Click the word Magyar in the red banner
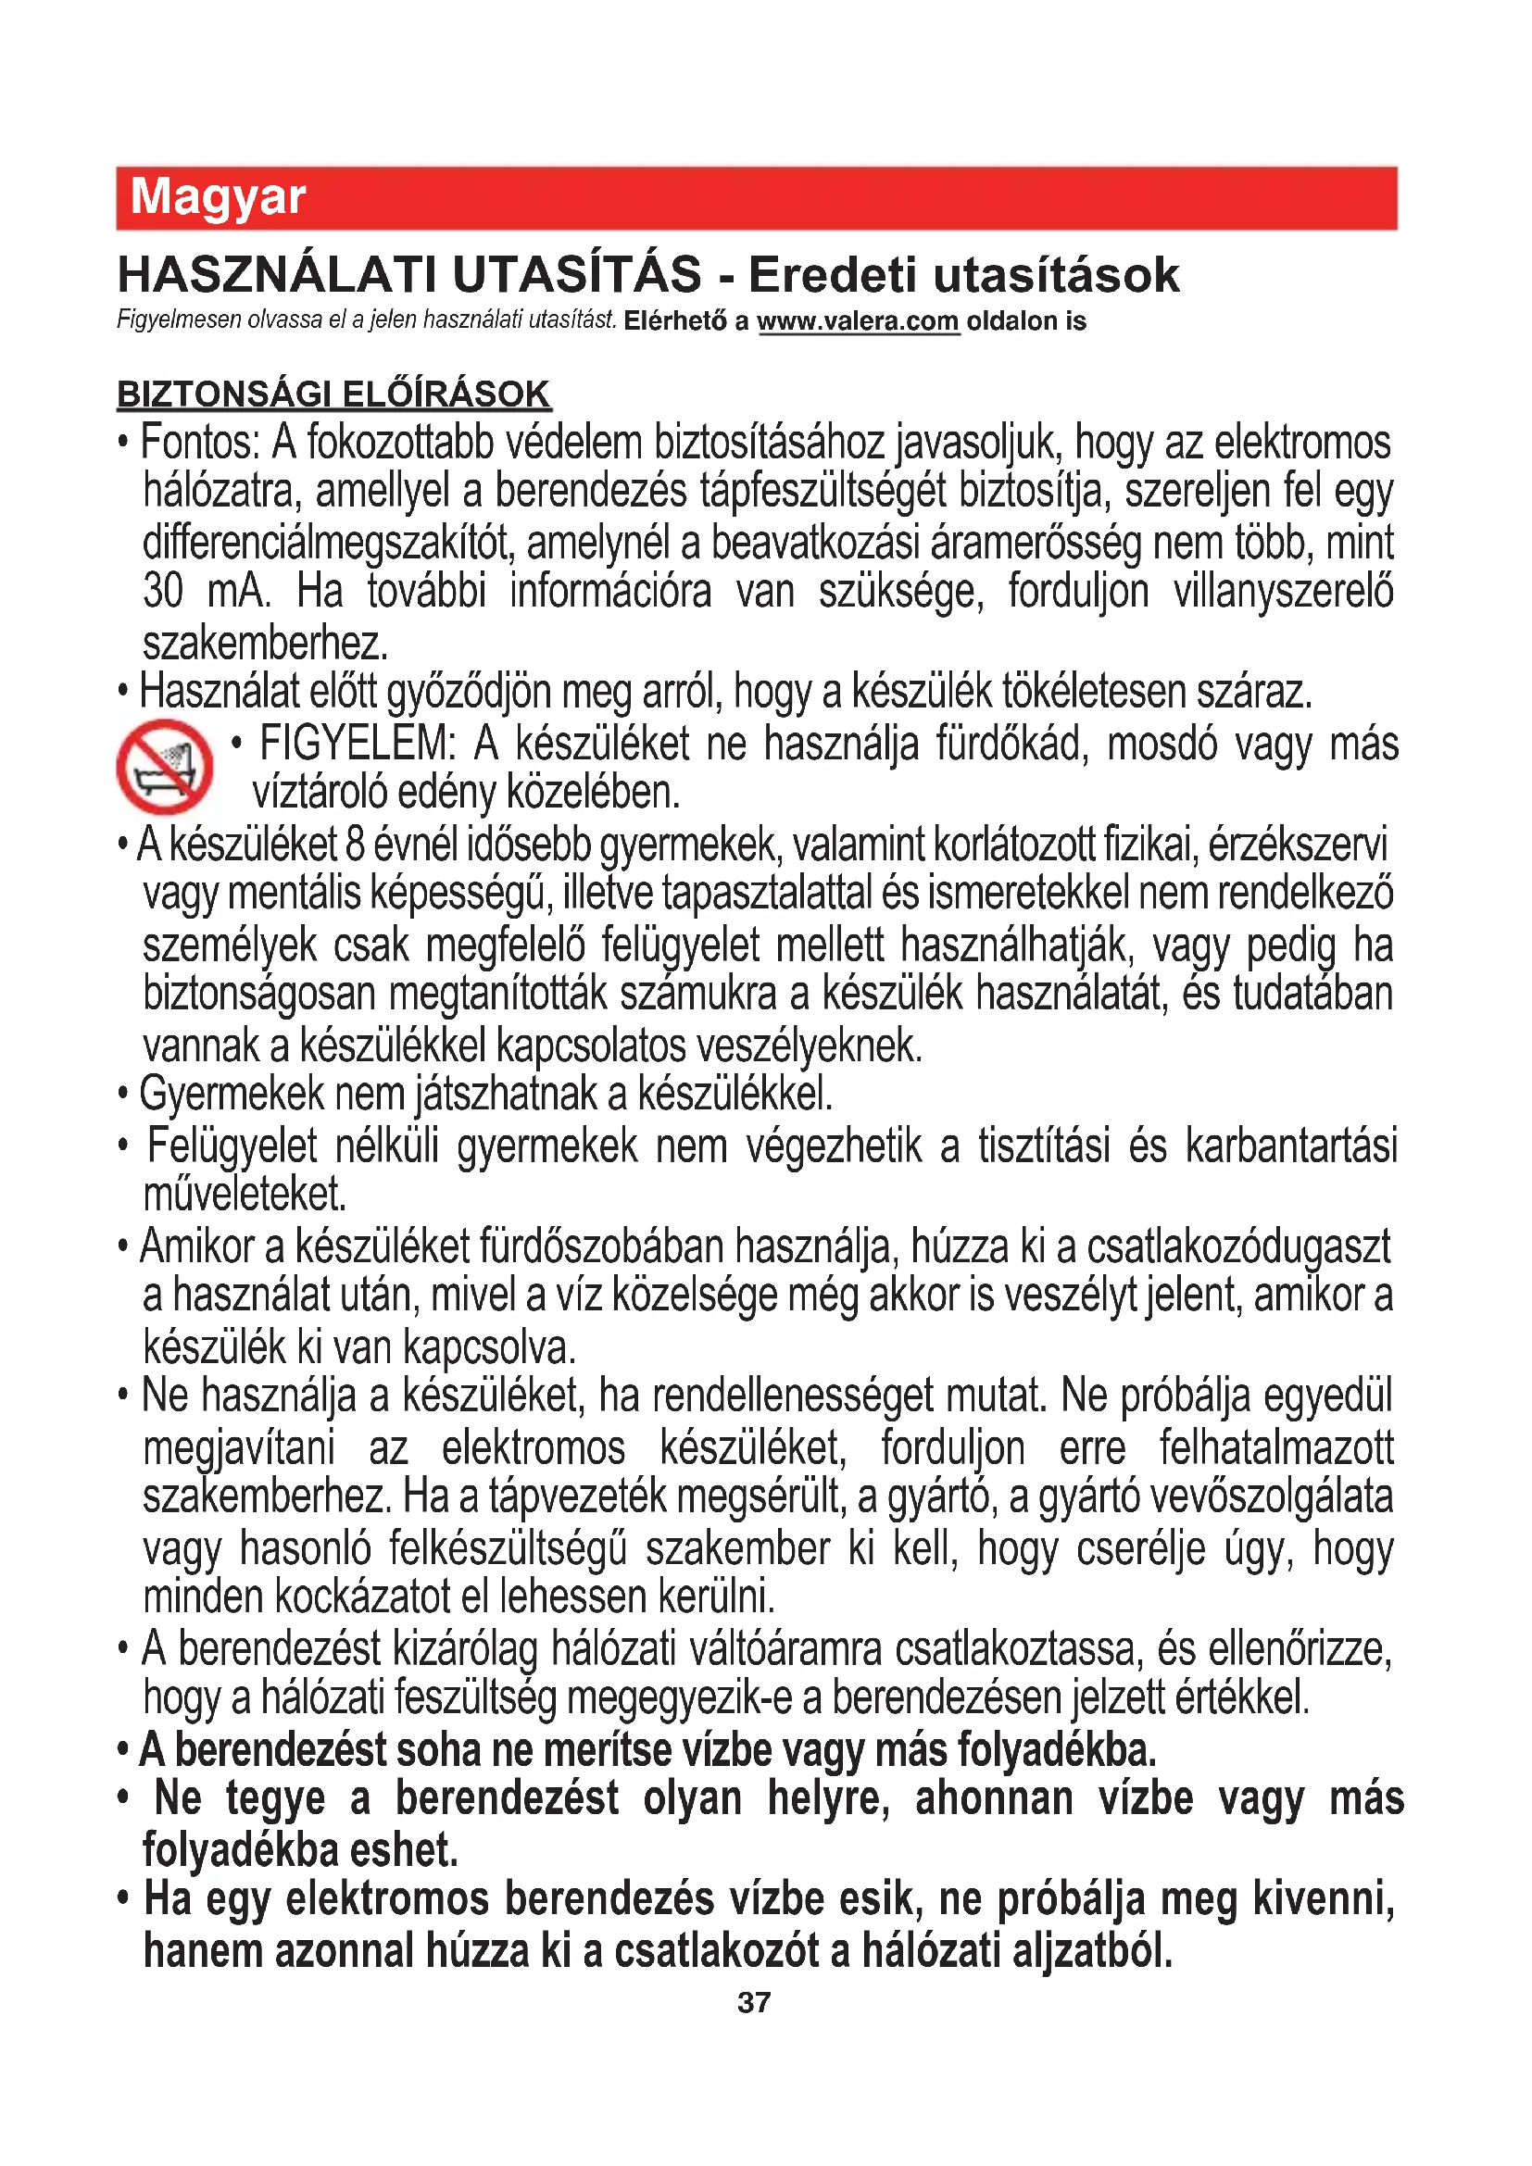pos(218,197)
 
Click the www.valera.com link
pos(858,321)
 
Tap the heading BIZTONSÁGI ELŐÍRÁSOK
pos(334,394)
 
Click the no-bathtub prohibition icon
pos(164,766)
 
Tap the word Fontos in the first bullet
pos(199,443)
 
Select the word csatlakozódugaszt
pos(1237,1246)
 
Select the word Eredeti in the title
pos(832,274)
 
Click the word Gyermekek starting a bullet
pos(232,1095)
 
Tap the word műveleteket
pos(245,1195)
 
